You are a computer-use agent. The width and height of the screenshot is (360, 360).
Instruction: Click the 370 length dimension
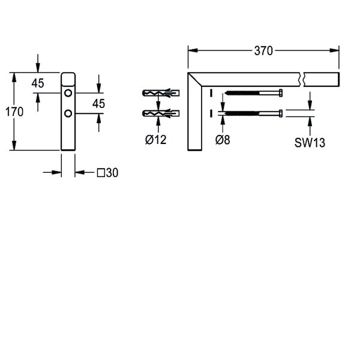point(263,51)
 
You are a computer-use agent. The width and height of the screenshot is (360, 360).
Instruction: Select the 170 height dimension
point(14,112)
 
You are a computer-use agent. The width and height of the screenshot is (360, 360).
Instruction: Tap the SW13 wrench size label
point(310,143)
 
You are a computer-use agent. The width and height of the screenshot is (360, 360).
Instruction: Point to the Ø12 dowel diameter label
point(156,140)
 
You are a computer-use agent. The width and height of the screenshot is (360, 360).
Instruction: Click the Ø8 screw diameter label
point(223,140)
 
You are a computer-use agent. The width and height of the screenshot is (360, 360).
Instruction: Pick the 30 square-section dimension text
point(112,173)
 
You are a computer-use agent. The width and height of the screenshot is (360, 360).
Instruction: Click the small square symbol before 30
point(101,173)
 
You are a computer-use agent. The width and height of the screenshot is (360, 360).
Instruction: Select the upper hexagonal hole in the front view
point(68,93)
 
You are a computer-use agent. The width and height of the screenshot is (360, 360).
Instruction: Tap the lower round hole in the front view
point(68,113)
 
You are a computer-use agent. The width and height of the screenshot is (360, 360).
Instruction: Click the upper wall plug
point(161,93)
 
